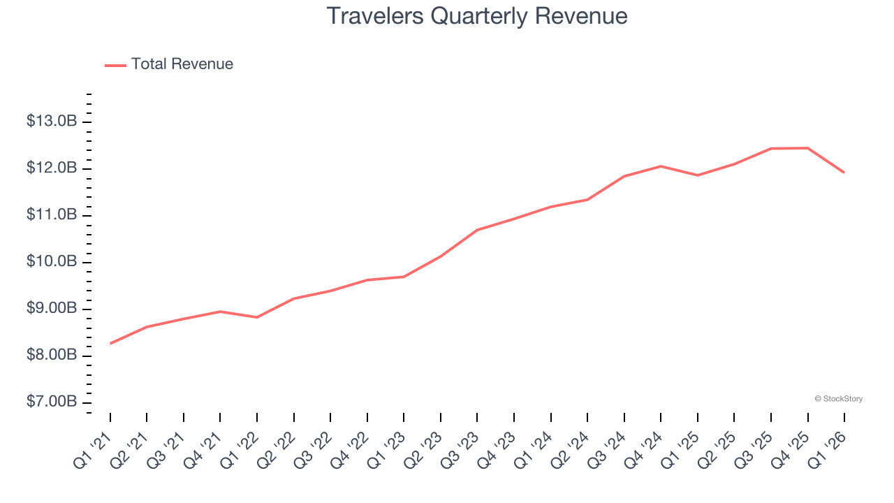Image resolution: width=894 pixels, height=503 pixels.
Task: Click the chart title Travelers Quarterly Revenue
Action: click(477, 16)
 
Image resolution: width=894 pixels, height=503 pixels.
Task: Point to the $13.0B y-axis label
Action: click(52, 122)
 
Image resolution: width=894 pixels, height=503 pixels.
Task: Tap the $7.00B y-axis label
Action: click(52, 402)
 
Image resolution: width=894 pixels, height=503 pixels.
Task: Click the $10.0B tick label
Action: click(52, 262)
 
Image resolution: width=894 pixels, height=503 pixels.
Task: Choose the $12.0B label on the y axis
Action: click(52, 168)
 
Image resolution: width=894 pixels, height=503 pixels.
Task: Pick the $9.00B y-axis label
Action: click(52, 309)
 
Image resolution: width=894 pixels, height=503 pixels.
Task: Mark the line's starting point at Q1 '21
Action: click(110, 344)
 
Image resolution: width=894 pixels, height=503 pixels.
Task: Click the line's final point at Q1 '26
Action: click(844, 173)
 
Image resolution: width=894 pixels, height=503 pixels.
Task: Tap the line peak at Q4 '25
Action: click(808, 148)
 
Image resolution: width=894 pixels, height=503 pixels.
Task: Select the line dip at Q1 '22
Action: click(257, 317)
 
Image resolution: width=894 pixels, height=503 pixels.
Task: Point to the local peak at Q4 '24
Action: click(661, 166)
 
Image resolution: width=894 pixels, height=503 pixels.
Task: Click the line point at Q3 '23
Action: click(477, 230)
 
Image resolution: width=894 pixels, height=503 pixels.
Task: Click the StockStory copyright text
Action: click(838, 399)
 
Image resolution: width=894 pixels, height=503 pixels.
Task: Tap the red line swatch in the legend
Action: click(115, 65)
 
